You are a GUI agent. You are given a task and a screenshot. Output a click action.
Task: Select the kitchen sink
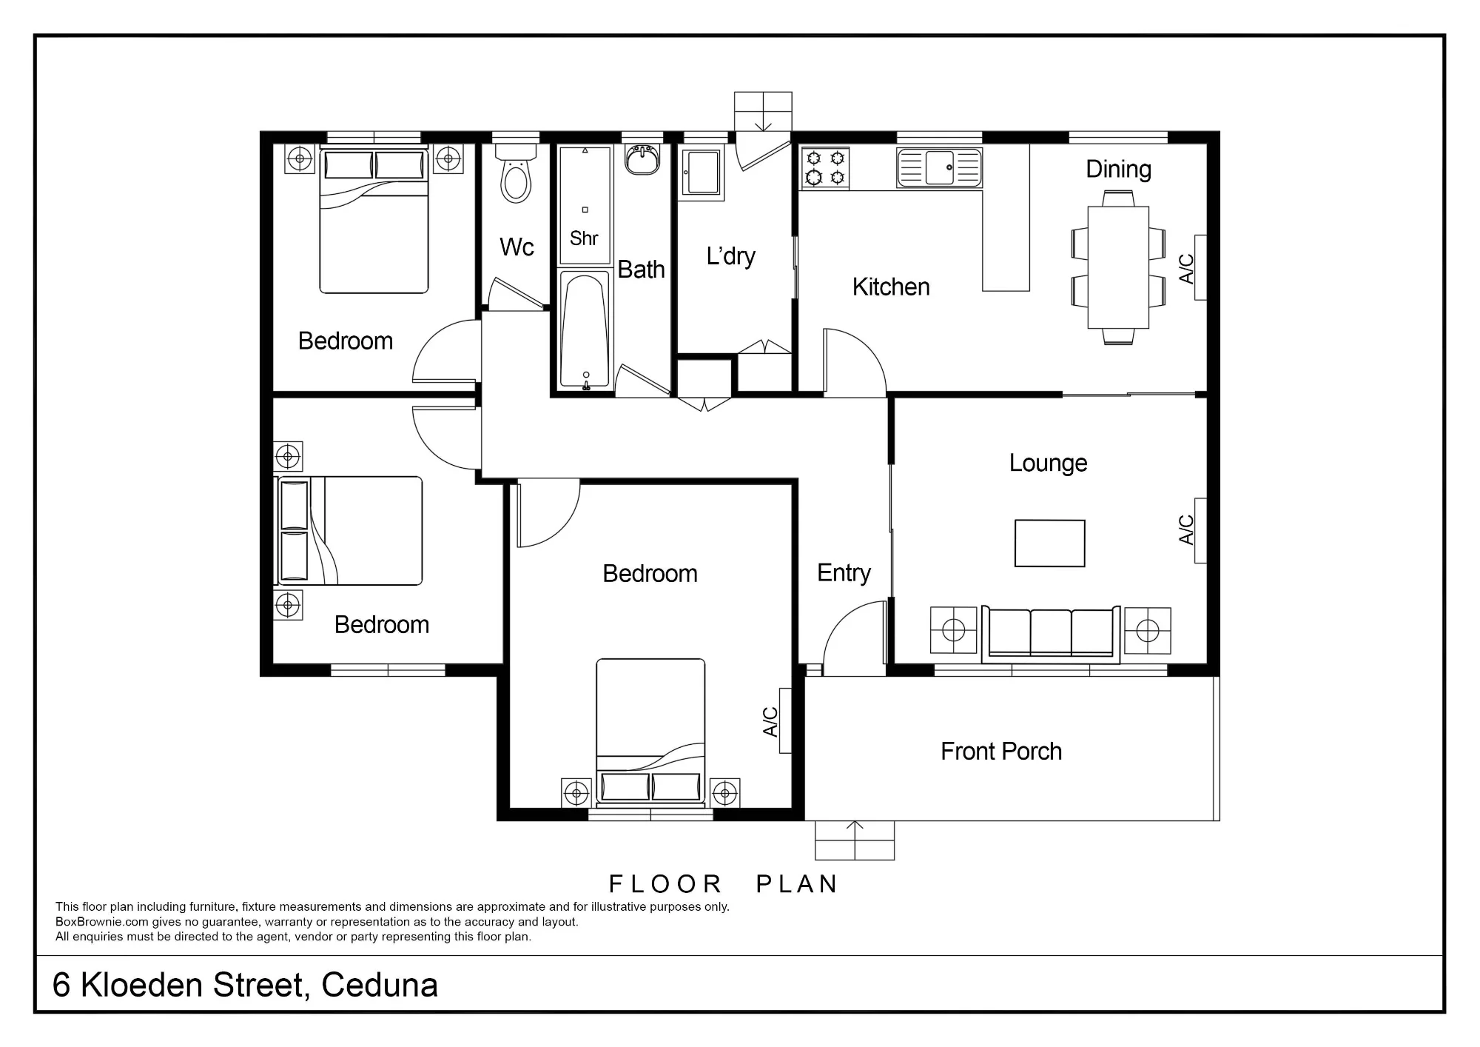click(x=939, y=167)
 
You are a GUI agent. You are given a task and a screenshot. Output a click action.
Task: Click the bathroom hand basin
click(x=642, y=159)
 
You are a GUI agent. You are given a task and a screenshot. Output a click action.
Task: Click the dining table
click(x=1117, y=267)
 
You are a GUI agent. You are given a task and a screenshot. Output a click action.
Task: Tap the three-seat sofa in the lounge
click(x=1050, y=634)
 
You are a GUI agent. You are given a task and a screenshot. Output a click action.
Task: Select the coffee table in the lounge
click(x=1049, y=543)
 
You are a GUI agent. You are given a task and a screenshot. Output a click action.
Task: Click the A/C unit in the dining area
click(x=1200, y=267)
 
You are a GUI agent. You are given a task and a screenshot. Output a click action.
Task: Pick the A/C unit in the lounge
click(x=1200, y=531)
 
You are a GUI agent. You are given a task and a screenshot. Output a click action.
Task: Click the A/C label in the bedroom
click(x=770, y=722)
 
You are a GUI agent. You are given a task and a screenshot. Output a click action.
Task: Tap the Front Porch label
click(x=1001, y=752)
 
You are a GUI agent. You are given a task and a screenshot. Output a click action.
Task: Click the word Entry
click(x=844, y=573)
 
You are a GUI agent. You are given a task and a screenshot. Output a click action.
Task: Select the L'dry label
click(x=730, y=256)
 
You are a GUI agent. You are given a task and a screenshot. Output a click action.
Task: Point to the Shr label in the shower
click(x=584, y=238)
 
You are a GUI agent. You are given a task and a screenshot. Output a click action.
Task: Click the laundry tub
click(x=702, y=173)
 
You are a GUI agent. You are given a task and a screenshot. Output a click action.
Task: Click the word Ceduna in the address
click(x=380, y=986)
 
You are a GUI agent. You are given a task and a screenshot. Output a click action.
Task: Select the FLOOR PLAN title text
click(x=723, y=884)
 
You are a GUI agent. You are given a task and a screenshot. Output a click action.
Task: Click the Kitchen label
click(x=891, y=287)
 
